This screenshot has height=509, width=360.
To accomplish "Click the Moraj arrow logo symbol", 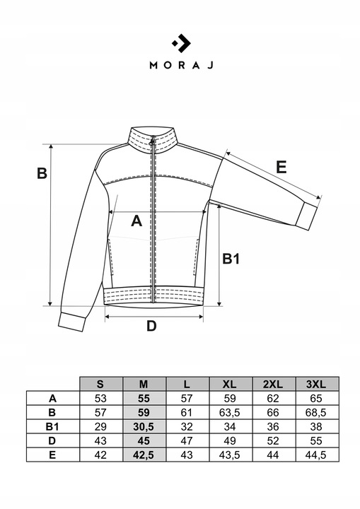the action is pyautogui.click(x=181, y=43).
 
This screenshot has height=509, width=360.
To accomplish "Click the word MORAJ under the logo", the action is pyautogui.click(x=181, y=65).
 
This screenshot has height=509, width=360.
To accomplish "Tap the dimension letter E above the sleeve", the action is pyautogui.click(x=281, y=168).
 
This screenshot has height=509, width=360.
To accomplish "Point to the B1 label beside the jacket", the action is pyautogui.click(x=231, y=259).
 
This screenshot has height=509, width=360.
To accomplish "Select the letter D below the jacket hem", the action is pyautogui.click(x=151, y=326).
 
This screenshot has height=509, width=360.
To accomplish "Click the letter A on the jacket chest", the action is pyautogui.click(x=137, y=221).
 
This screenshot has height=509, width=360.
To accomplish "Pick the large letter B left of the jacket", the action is pyautogui.click(x=42, y=173).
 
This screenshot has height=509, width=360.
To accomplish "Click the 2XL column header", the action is pyautogui.click(x=273, y=385).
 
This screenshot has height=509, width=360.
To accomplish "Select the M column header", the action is pyautogui.click(x=144, y=385).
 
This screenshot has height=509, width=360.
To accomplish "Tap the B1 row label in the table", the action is pyautogui.click(x=52, y=426).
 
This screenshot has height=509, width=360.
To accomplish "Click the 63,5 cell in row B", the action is pyautogui.click(x=229, y=413).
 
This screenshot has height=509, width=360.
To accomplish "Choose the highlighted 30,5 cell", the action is pyautogui.click(x=144, y=426).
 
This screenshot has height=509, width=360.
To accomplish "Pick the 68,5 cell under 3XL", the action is pyautogui.click(x=316, y=413).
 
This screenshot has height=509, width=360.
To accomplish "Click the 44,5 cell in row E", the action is pyautogui.click(x=316, y=455).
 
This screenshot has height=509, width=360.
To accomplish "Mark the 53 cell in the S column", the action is pyautogui.click(x=100, y=398).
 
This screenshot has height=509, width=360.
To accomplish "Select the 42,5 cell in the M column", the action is pyautogui.click(x=144, y=455).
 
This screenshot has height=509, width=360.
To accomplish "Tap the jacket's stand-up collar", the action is pyautogui.click(x=153, y=139).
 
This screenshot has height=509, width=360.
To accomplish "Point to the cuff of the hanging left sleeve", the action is pyautogui.click(x=72, y=322).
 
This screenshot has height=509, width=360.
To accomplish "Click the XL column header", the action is pyautogui.click(x=229, y=385).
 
